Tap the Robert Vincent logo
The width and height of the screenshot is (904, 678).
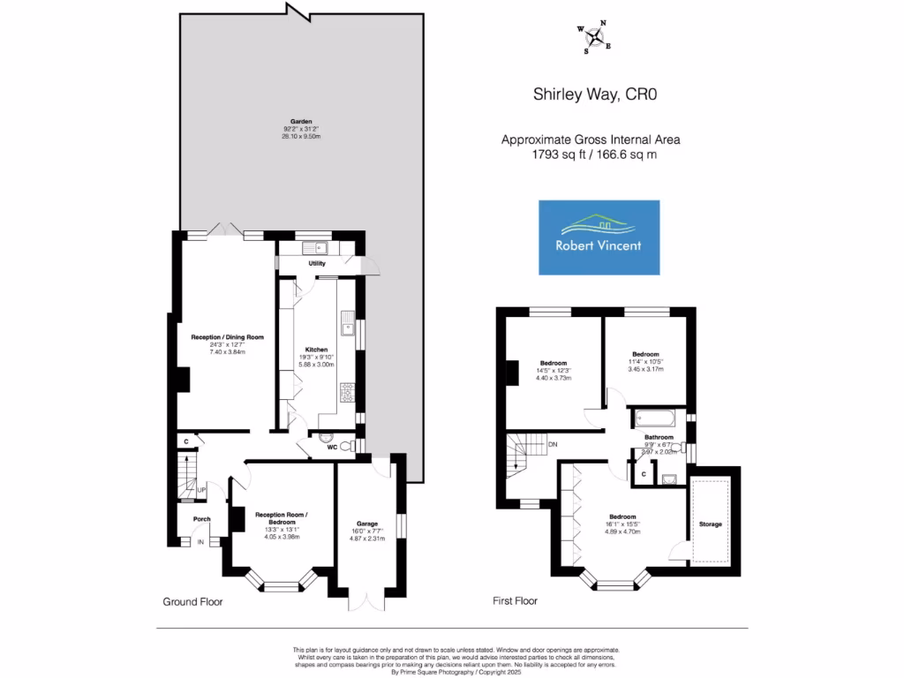(x=599, y=237)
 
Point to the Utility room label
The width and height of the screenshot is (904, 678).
(x=317, y=264)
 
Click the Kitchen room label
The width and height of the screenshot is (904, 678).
(x=316, y=350)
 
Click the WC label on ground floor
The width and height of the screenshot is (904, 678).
(x=332, y=448)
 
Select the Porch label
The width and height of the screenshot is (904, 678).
(x=201, y=519)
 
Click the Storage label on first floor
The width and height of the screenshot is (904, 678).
(x=711, y=524)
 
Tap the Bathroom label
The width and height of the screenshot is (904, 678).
(x=659, y=437)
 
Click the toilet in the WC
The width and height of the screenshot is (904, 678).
(x=327, y=437)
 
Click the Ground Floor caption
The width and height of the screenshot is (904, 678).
(x=192, y=602)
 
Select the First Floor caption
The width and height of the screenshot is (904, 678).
(x=515, y=601)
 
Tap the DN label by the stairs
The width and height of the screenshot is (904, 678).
(x=553, y=444)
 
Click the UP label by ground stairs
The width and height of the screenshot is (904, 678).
(x=201, y=490)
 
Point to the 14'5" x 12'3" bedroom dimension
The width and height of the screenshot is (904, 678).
(x=554, y=370)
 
